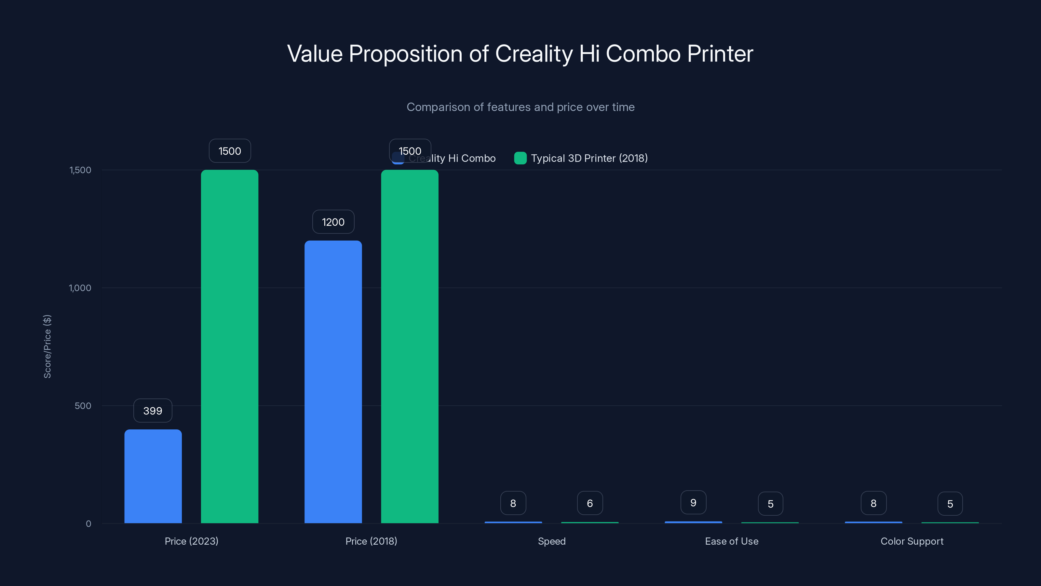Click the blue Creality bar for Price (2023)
[153, 476]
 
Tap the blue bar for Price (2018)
[333, 382]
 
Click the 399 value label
[153, 411]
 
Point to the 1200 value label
[333, 222]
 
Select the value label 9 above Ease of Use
[693, 502]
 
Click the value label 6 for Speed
[589, 503]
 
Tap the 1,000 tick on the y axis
[80, 288]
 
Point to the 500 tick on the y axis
[83, 406]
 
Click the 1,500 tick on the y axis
[80, 170]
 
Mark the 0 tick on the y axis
[88, 524]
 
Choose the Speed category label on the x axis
[552, 541]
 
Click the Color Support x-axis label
[912, 541]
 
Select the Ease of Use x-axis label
[731, 541]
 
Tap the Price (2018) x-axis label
[371, 541]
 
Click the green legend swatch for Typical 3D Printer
[520, 158]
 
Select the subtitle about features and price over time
[520, 107]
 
